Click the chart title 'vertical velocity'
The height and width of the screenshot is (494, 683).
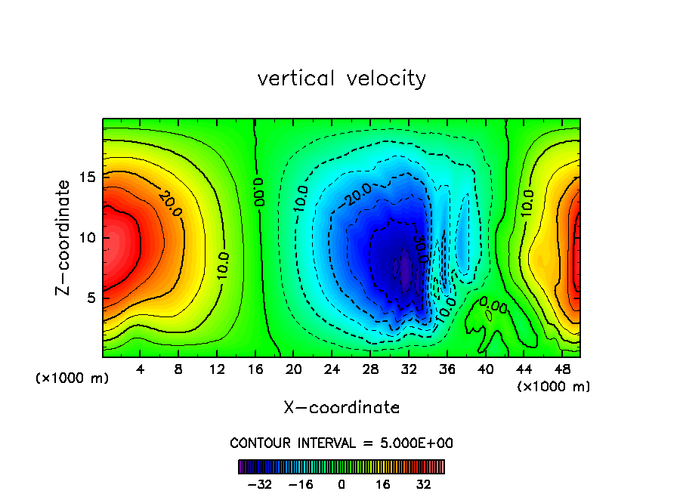341,79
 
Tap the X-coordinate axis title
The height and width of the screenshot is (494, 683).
341,408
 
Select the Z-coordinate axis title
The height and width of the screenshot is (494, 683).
65,237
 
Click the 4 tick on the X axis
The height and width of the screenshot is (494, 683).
141,370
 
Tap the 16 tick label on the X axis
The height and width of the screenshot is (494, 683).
255,370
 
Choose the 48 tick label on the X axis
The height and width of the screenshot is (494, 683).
562,370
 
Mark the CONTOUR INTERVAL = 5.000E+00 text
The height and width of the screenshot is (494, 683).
341,443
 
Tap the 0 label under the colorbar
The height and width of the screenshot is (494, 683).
341,484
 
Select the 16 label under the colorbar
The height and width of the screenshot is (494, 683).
383,484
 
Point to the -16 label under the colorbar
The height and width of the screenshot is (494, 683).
301,484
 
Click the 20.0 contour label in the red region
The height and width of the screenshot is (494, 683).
170,204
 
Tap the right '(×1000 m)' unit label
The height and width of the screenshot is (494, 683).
554,387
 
